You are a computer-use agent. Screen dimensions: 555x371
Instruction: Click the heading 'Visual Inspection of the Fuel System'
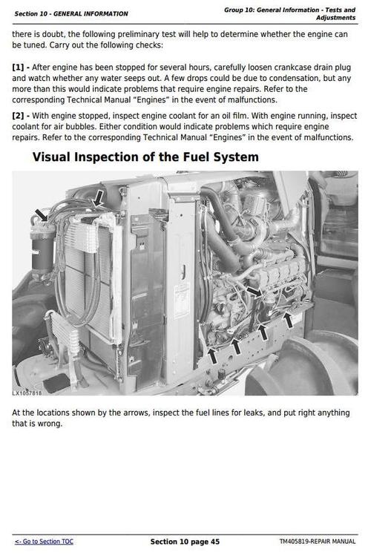tap(145, 157)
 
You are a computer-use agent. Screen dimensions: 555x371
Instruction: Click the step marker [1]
tap(19, 68)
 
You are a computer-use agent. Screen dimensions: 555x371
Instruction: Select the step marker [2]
tap(19, 116)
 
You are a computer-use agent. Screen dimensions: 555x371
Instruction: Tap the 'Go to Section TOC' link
tap(44, 542)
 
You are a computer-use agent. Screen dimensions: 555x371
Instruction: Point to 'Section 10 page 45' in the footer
tap(185, 542)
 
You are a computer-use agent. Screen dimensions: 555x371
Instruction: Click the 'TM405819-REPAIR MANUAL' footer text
tap(318, 542)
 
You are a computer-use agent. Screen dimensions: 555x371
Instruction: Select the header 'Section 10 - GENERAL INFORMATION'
tap(71, 13)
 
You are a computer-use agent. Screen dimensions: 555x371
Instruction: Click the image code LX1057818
tap(27, 393)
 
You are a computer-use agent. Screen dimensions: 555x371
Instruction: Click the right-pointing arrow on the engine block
tap(254, 292)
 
